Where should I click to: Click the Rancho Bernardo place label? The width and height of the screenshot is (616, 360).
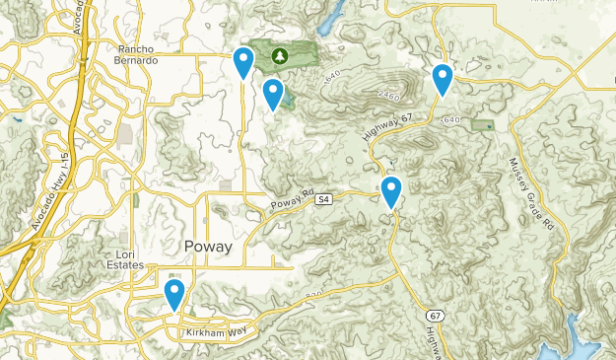(x=138, y=54)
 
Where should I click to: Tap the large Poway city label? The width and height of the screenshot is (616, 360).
(x=207, y=246)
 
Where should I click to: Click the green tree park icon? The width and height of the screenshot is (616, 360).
(x=279, y=56)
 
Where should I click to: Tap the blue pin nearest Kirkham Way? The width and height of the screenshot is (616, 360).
(x=174, y=293)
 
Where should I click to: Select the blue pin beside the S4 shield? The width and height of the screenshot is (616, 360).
(x=391, y=190)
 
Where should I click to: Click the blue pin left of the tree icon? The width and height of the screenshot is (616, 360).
(x=242, y=61)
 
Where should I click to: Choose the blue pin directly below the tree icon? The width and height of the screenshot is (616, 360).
(x=273, y=93)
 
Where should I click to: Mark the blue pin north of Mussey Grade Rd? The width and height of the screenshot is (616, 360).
(x=443, y=78)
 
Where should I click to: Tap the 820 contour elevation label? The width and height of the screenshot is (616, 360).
(x=314, y=294)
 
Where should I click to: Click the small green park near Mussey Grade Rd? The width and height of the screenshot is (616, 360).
(x=482, y=125)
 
